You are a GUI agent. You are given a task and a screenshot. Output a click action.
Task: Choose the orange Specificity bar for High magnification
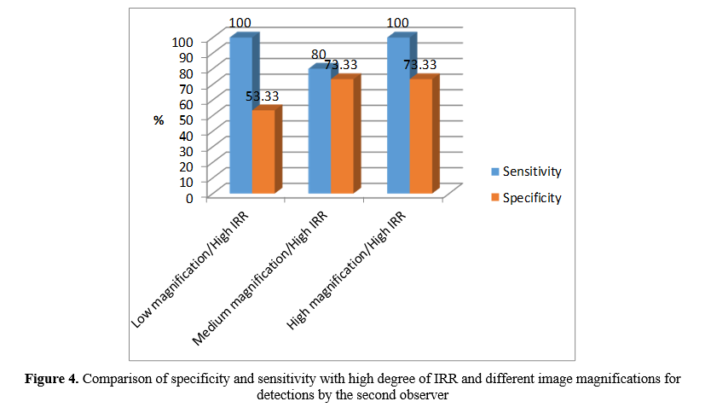420,137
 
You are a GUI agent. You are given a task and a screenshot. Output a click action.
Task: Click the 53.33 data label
264,96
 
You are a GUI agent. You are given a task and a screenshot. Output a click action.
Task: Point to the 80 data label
318,55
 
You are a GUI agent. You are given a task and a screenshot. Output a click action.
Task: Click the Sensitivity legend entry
531,172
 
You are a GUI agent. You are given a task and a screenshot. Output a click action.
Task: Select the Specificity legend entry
531,198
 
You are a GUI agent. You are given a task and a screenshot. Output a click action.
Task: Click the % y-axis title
159,120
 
